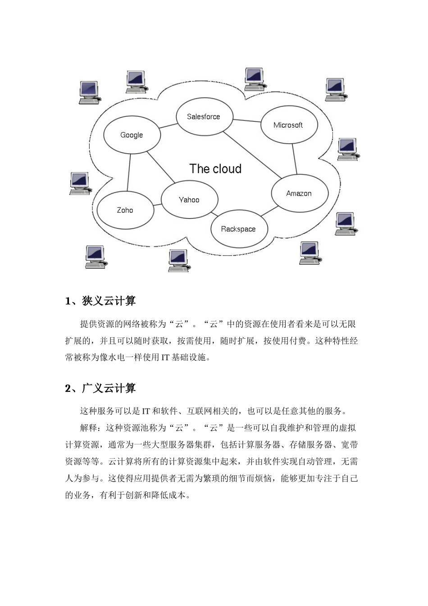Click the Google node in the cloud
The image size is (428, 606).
132,135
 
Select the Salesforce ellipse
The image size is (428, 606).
204,117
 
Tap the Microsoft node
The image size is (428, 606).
288,125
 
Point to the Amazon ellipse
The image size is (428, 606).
299,193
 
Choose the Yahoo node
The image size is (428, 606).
189,200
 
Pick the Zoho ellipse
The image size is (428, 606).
125,210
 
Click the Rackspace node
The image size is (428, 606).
238,229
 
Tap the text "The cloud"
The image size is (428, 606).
215,169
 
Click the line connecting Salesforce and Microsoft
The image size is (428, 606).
247,120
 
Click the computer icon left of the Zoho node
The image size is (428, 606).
80,184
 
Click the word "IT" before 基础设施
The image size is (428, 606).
166,358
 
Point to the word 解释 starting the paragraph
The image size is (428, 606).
89,428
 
